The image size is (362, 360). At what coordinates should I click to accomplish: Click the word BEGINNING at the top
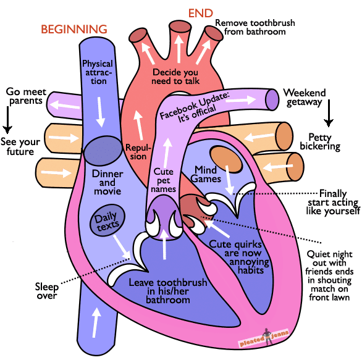(74, 29)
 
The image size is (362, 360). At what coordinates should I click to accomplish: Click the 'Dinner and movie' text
(107, 182)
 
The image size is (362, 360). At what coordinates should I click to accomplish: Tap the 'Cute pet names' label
(165, 180)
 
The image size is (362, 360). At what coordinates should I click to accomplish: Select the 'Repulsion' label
(136, 152)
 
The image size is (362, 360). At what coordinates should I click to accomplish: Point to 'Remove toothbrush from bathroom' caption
(255, 28)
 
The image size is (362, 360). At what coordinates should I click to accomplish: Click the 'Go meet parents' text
(25, 96)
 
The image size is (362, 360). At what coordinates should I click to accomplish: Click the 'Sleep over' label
(46, 291)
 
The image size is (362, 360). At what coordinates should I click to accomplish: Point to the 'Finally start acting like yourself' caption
(334, 202)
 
